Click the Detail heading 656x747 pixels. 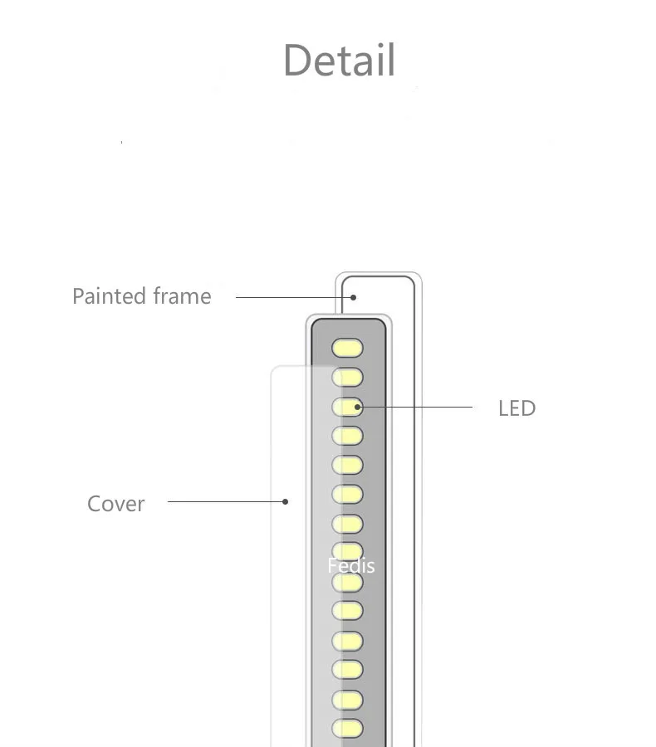click(x=339, y=60)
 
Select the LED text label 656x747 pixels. click(x=516, y=408)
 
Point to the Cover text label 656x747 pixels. click(x=116, y=504)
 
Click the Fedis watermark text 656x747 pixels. click(x=351, y=565)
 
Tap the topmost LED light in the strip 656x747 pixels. click(x=348, y=348)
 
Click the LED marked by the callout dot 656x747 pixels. click(x=348, y=407)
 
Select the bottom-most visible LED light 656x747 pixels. click(x=348, y=728)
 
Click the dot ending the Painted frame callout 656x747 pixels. click(x=353, y=297)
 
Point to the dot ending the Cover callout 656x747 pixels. click(x=285, y=501)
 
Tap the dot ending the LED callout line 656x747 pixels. click(x=358, y=407)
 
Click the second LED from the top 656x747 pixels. click(x=348, y=378)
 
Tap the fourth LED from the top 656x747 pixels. click(x=348, y=436)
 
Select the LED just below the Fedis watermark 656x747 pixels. click(x=348, y=583)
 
